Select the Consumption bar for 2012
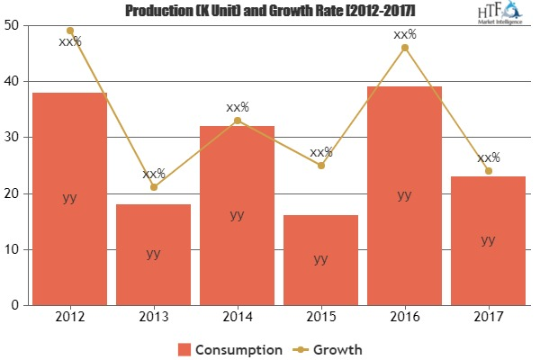coord(70,199)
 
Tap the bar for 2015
coord(320,260)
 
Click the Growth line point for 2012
coord(70,31)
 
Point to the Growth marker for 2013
coord(153,187)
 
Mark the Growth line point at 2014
coord(237,121)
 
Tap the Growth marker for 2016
coord(404,48)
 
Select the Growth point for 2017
coord(488,171)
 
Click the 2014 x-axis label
coord(237,319)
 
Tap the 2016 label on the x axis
coord(404,319)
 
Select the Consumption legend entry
coord(230,348)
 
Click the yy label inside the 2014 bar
coord(237,214)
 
